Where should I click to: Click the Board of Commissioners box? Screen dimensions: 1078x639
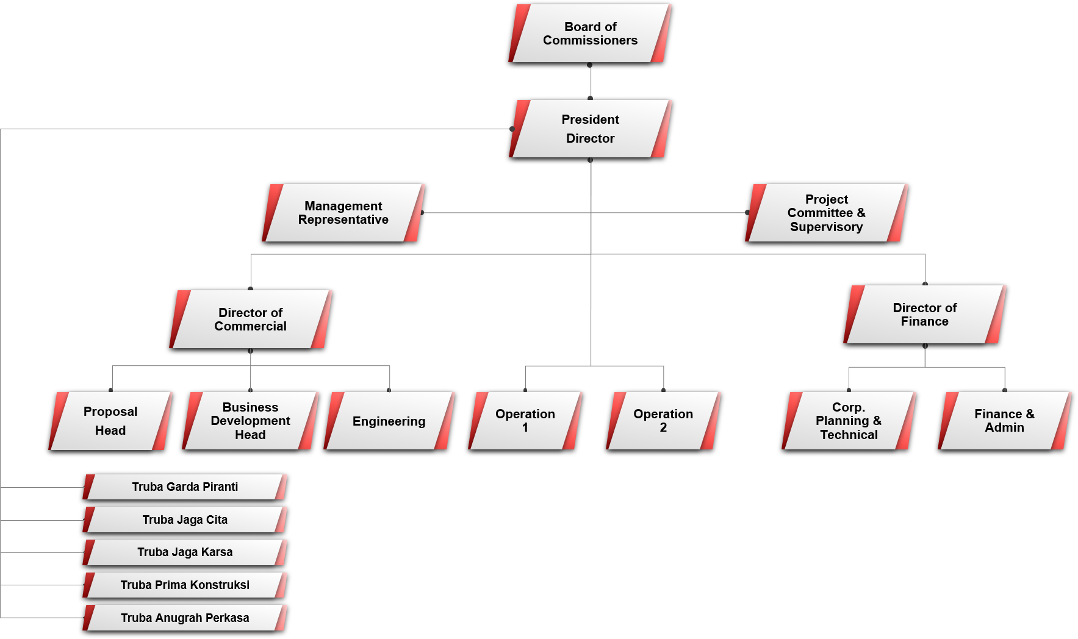(590, 34)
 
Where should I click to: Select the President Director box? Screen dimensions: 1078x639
(590, 129)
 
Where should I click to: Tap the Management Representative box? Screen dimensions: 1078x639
(343, 213)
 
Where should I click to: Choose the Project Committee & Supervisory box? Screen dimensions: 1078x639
(827, 213)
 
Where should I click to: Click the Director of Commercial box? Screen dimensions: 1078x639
(251, 319)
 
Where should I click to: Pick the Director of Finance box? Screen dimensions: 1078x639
(925, 315)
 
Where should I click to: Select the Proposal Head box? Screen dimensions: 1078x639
(110, 421)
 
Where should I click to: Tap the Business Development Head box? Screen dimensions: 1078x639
(251, 421)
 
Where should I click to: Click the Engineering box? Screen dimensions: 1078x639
(389, 421)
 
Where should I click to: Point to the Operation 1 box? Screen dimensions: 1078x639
(525, 421)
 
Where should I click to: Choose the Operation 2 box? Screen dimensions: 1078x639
(664, 421)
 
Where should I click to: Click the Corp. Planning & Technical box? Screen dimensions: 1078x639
(849, 421)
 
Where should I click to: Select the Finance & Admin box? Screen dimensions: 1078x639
(1005, 421)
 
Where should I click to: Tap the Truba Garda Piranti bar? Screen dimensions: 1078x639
(185, 487)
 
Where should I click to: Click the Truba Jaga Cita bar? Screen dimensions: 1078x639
(185, 520)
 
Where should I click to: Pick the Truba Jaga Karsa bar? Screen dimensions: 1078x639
(185, 552)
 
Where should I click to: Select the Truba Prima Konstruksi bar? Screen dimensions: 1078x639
(185, 585)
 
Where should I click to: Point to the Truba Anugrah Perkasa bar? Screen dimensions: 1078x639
(185, 618)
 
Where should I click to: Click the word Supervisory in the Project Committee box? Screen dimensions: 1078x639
(827, 227)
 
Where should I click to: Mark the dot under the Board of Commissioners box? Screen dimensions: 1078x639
(590, 65)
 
